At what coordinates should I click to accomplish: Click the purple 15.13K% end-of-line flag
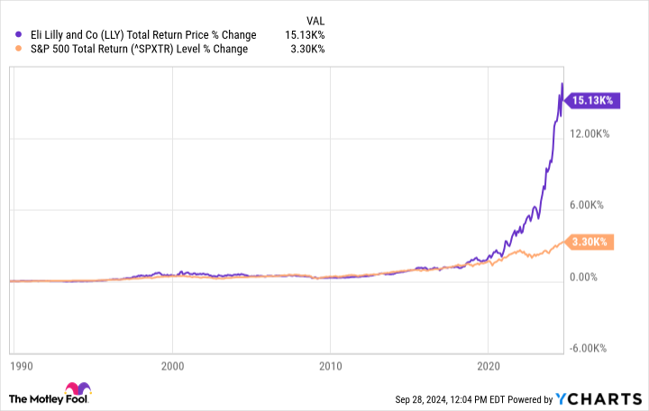pos(593,101)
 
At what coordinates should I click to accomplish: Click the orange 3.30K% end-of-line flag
pos(593,242)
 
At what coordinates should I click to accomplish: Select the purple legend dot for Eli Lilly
pos(9,35)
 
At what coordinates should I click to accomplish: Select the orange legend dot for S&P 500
pos(9,50)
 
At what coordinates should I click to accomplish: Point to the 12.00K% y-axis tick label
pos(590,134)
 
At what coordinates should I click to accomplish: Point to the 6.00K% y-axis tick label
pos(590,205)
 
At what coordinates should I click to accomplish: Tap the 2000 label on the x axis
pos(173,367)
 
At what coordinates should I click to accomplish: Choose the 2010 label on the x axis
pos(330,367)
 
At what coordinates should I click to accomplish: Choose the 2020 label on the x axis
pos(488,367)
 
